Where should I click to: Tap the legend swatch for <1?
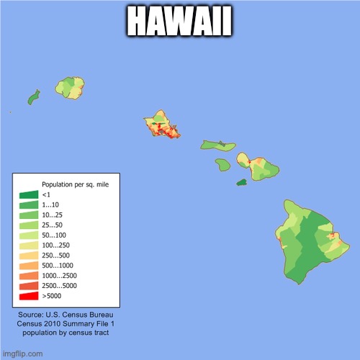[x=29, y=194]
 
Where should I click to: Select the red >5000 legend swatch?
[x=29, y=295]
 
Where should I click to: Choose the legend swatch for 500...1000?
[x=29, y=265]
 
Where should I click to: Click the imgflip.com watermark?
[x=22, y=354]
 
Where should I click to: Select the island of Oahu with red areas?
[x=163, y=126]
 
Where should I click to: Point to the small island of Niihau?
[x=32, y=97]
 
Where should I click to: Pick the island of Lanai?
[x=222, y=165]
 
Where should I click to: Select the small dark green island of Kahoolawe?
[x=242, y=181]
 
